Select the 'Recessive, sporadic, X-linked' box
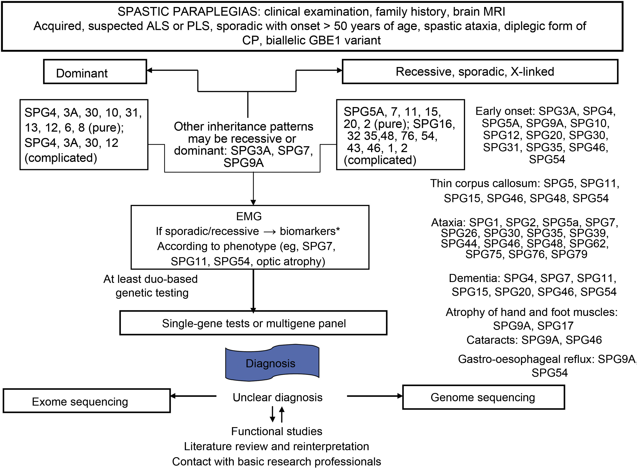pos(480,72)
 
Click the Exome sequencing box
pos(86,401)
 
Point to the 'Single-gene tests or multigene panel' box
pos(253,323)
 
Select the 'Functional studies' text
pos(277,431)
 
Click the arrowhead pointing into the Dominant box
pos(149,70)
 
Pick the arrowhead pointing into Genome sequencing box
pos(400,396)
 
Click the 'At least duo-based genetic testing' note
pos(151,286)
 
